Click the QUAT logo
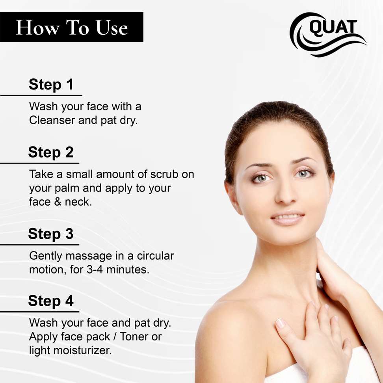click(328, 34)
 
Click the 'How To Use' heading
click(72, 28)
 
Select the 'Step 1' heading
click(51, 84)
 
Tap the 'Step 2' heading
click(51, 152)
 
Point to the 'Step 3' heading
click(51, 234)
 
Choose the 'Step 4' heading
click(51, 301)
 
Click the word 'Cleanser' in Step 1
click(52, 120)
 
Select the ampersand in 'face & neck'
click(58, 202)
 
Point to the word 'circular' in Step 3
click(155, 256)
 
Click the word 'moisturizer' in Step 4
click(82, 351)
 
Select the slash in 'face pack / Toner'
click(115, 337)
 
